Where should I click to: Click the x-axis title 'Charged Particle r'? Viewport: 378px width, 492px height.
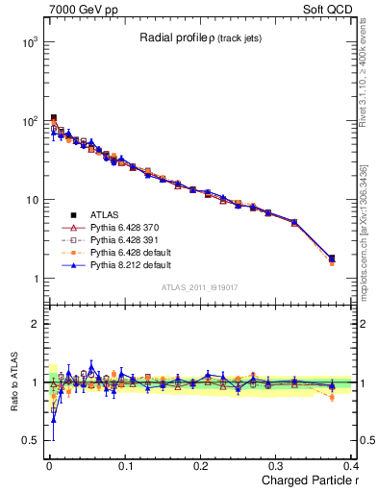coord(307,480)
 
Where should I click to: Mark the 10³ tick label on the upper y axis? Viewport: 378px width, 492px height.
coord(28,43)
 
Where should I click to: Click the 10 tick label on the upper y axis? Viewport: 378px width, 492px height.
coord(30,200)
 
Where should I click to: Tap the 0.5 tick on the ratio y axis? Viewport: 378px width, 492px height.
coord(30,440)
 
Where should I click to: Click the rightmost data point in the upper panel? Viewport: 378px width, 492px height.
coord(332,258)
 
